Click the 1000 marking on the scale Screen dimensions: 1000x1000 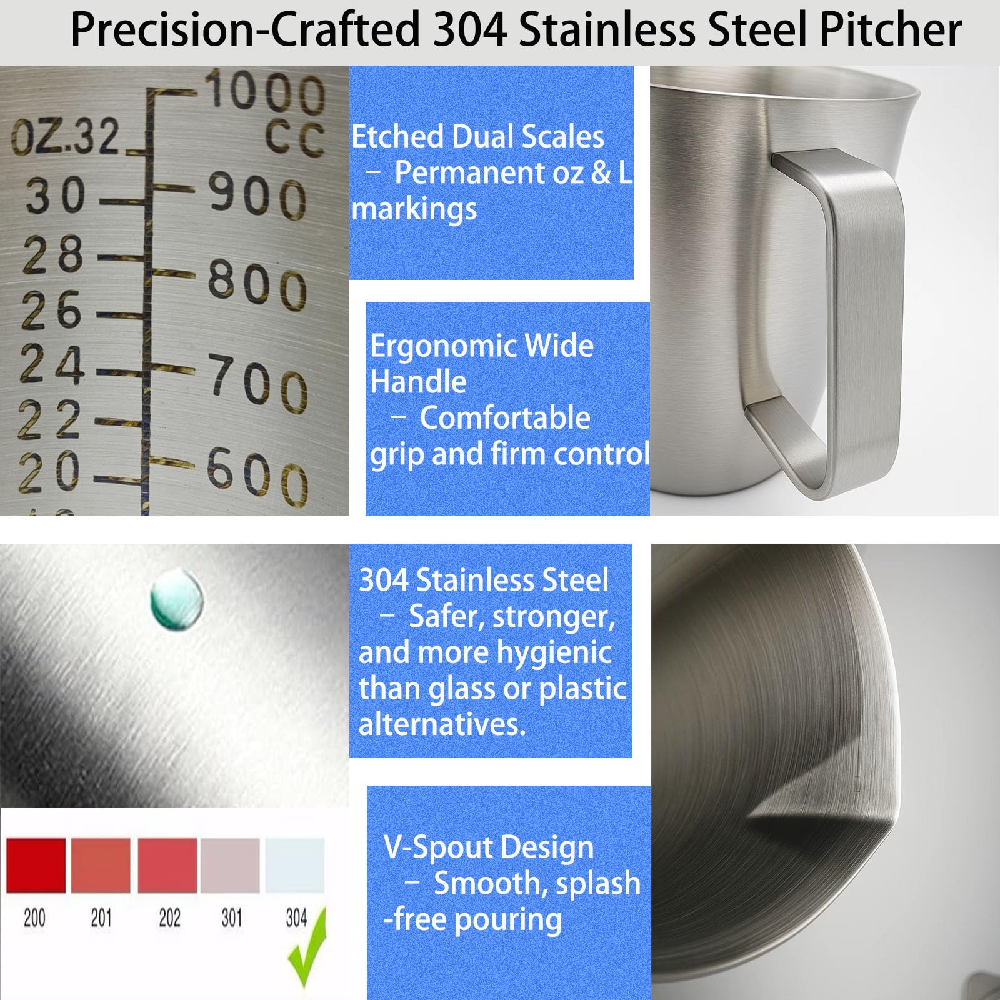click(x=265, y=92)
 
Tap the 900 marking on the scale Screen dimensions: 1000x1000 click(x=257, y=196)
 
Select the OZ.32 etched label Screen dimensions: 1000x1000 click(x=65, y=137)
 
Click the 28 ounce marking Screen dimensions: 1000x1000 click(x=53, y=254)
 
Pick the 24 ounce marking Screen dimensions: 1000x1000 click(x=52, y=364)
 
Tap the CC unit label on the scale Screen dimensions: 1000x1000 click(x=294, y=138)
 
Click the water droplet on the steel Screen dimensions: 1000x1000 click(x=177, y=599)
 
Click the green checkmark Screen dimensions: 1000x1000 click(x=307, y=947)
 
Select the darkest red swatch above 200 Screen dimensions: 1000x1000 click(x=36, y=865)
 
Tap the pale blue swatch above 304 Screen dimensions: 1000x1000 click(x=295, y=865)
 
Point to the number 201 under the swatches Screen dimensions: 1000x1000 click(x=101, y=917)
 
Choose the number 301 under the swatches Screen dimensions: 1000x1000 click(x=232, y=917)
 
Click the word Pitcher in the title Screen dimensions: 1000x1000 click(x=891, y=29)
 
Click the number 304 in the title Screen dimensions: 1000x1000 click(x=470, y=29)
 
